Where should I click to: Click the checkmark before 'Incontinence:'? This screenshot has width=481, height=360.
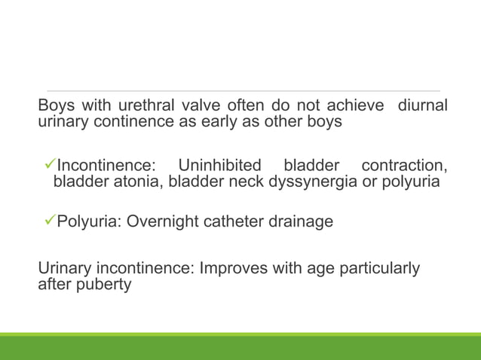51,165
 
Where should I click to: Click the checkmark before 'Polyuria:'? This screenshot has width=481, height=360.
51,222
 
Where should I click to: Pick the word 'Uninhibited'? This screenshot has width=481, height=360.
219,165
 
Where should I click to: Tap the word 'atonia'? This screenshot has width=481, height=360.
139,182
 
